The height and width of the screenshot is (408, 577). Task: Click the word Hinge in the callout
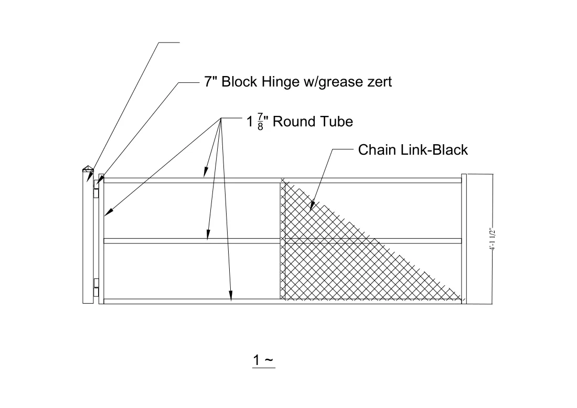(281, 82)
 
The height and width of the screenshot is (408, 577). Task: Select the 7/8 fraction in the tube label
(261, 122)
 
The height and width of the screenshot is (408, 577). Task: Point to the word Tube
(335, 122)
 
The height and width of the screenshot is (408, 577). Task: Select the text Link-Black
(434, 150)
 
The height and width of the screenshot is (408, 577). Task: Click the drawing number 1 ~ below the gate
(263, 360)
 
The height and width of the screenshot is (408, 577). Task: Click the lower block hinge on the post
(96, 287)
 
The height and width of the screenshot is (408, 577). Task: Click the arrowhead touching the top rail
(206, 173)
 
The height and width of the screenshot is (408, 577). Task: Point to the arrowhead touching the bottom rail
(231, 296)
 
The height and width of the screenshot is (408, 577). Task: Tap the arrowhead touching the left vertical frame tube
(109, 212)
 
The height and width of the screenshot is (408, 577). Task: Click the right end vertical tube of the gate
(464, 239)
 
